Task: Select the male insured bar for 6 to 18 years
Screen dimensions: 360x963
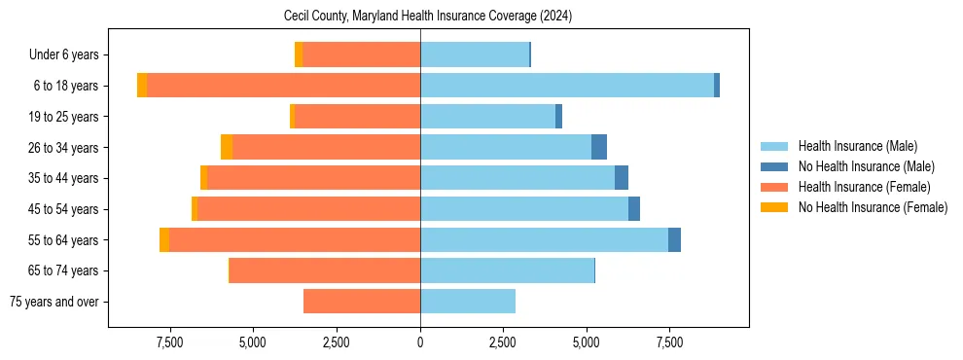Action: tap(567, 86)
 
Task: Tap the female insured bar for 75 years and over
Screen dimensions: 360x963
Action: tap(362, 302)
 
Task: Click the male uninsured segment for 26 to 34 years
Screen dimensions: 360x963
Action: tap(599, 147)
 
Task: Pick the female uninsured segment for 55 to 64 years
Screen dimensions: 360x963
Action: tap(164, 239)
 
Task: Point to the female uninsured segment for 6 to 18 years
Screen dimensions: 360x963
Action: tap(142, 86)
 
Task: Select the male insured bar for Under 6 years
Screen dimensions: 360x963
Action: tap(475, 54)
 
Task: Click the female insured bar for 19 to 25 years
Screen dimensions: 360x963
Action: tap(357, 117)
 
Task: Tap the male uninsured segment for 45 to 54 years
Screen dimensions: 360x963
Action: tap(634, 209)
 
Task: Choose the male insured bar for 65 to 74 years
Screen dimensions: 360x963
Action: tap(507, 270)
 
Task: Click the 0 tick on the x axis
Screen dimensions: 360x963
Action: tap(420, 342)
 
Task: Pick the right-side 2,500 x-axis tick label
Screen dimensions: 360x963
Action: tap(503, 342)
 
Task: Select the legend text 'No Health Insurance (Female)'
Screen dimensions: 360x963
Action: tap(873, 207)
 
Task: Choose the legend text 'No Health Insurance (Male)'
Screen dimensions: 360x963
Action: tap(866, 166)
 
